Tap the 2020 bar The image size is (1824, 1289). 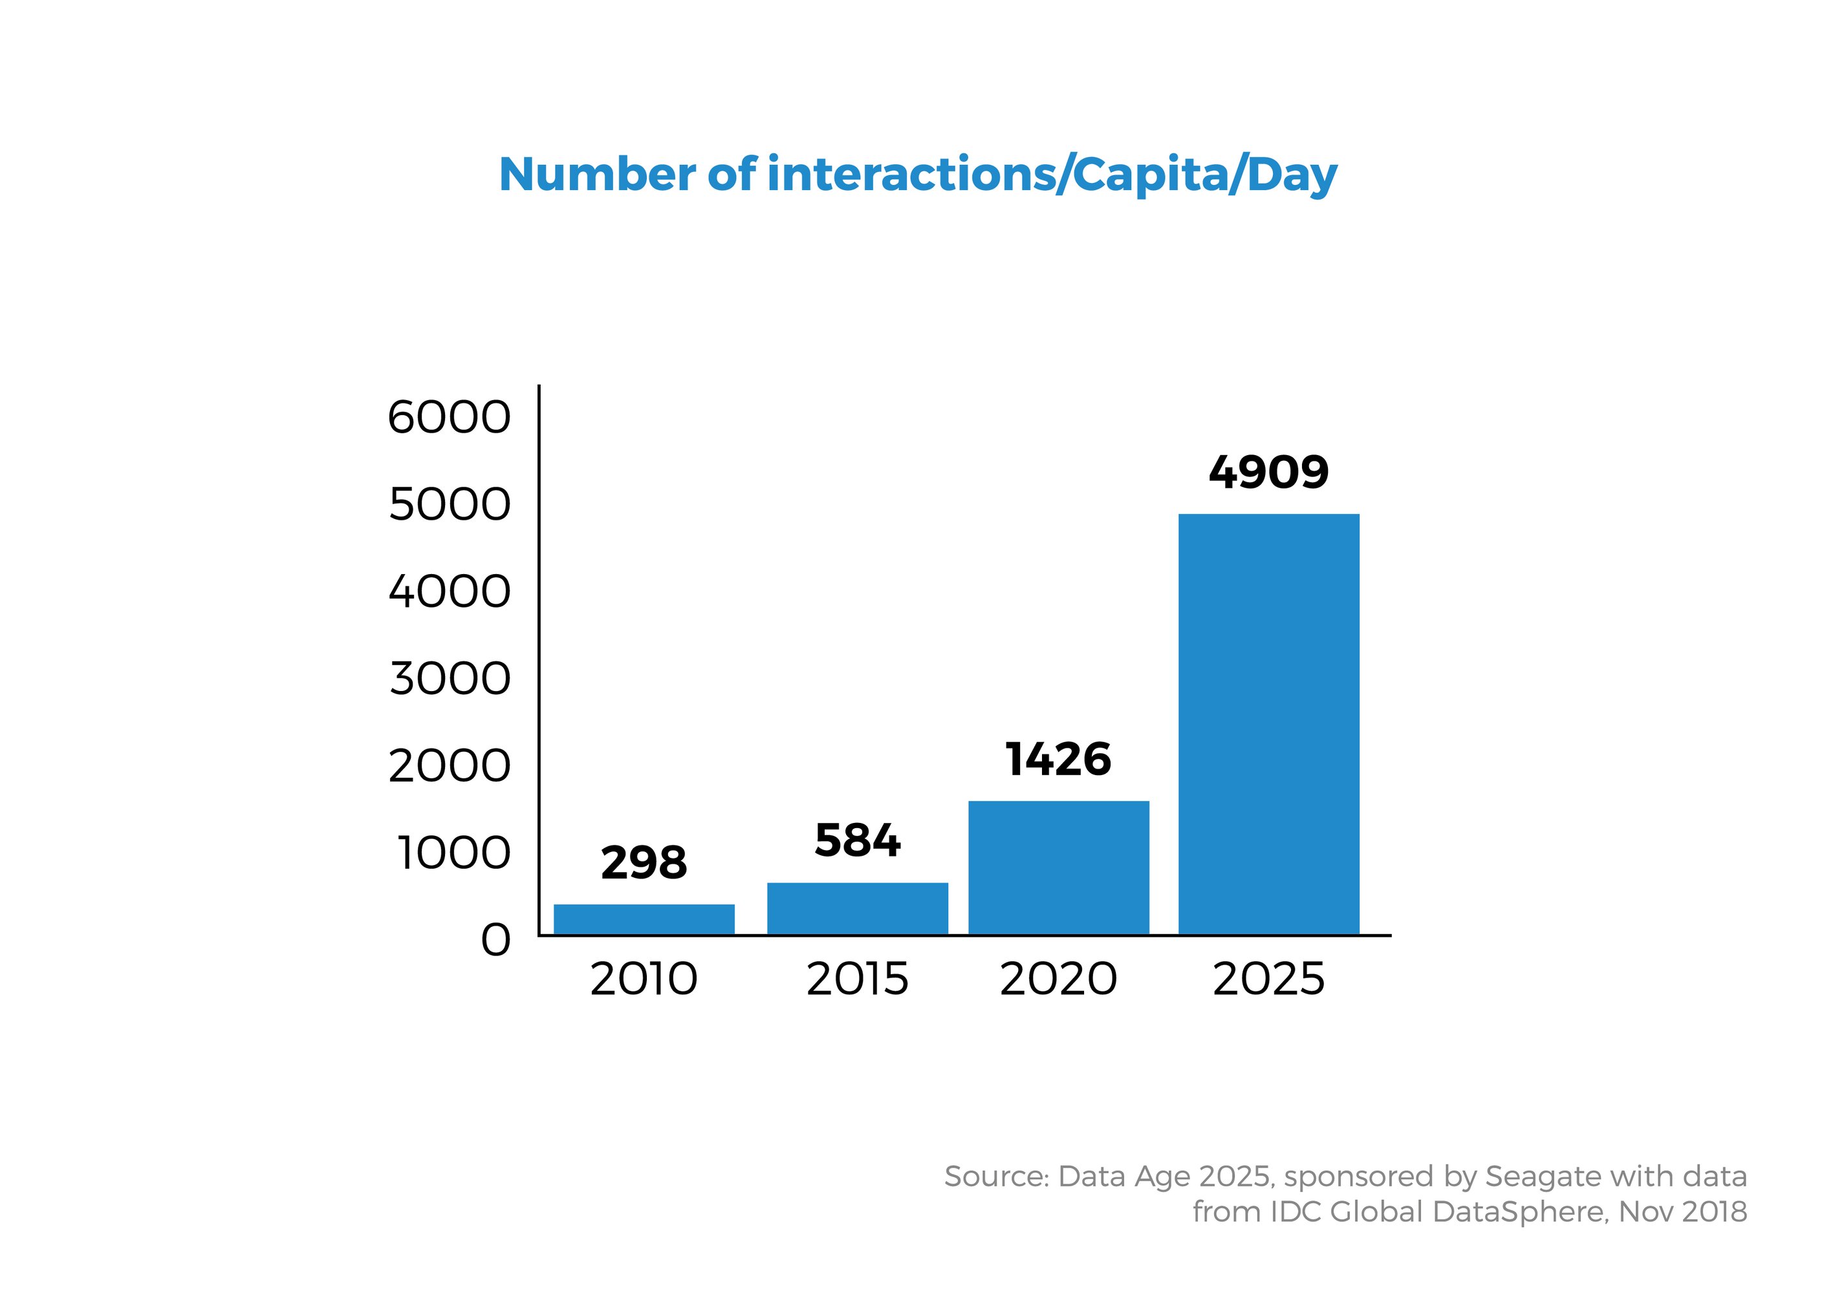pos(1058,868)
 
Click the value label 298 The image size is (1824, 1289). pos(644,863)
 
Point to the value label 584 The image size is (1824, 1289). pos(857,841)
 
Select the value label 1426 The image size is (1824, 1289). pos(1058,760)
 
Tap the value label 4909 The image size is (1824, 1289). pos(1268,473)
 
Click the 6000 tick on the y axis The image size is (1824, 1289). pos(449,418)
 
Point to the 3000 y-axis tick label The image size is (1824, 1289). pos(450,680)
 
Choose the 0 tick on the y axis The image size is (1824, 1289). pos(495,941)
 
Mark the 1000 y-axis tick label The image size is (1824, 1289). pos(453,855)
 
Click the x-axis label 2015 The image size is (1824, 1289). pos(857,979)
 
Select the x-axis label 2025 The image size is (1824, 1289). pos(1268,979)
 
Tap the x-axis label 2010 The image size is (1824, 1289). pos(644,979)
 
